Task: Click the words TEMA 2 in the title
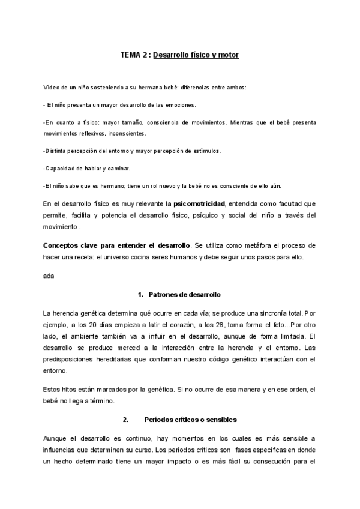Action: pos(134,55)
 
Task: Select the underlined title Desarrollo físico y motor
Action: pos(196,55)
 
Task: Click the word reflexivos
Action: pos(94,133)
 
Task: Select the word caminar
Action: pos(116,167)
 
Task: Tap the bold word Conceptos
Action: pos(61,246)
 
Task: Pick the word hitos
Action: pos(71,390)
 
